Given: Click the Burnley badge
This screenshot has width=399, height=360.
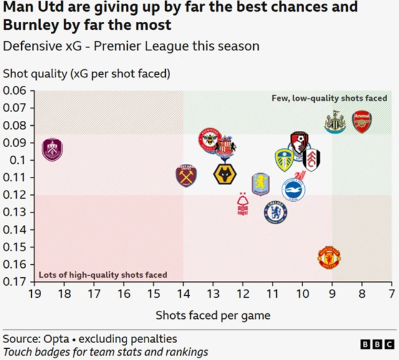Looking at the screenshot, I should (53, 150).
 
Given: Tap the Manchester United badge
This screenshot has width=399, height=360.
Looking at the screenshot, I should (329, 257).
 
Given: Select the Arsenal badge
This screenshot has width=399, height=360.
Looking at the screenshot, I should (362, 121).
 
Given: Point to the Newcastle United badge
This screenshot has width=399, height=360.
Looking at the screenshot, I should (335, 123).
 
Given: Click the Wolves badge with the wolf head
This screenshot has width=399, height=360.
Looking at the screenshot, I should (224, 174).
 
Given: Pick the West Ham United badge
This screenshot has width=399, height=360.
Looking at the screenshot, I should (186, 176).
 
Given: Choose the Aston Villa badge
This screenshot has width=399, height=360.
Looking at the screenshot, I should (260, 184).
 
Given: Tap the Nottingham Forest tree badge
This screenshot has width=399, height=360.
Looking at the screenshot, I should (243, 204).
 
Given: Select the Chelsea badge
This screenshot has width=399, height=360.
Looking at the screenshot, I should (274, 212).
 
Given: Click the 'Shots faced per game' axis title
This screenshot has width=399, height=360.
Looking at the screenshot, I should (213, 315).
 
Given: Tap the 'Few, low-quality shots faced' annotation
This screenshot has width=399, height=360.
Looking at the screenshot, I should (329, 98).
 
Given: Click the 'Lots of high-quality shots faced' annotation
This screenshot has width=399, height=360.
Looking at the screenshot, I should (103, 275).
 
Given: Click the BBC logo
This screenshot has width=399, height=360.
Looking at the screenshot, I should (377, 344).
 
